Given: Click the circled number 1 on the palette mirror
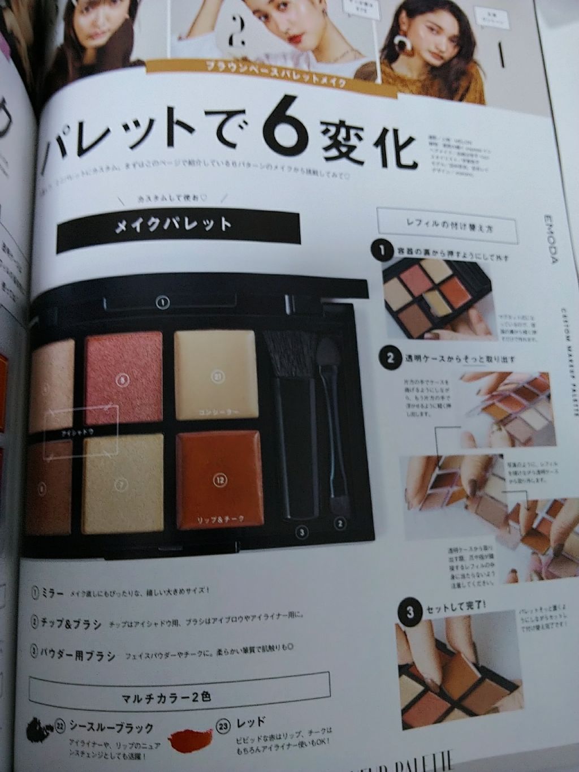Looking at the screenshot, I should (163, 303).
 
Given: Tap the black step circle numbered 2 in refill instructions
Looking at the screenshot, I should (390, 357).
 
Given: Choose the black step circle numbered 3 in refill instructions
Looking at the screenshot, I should (410, 612).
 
